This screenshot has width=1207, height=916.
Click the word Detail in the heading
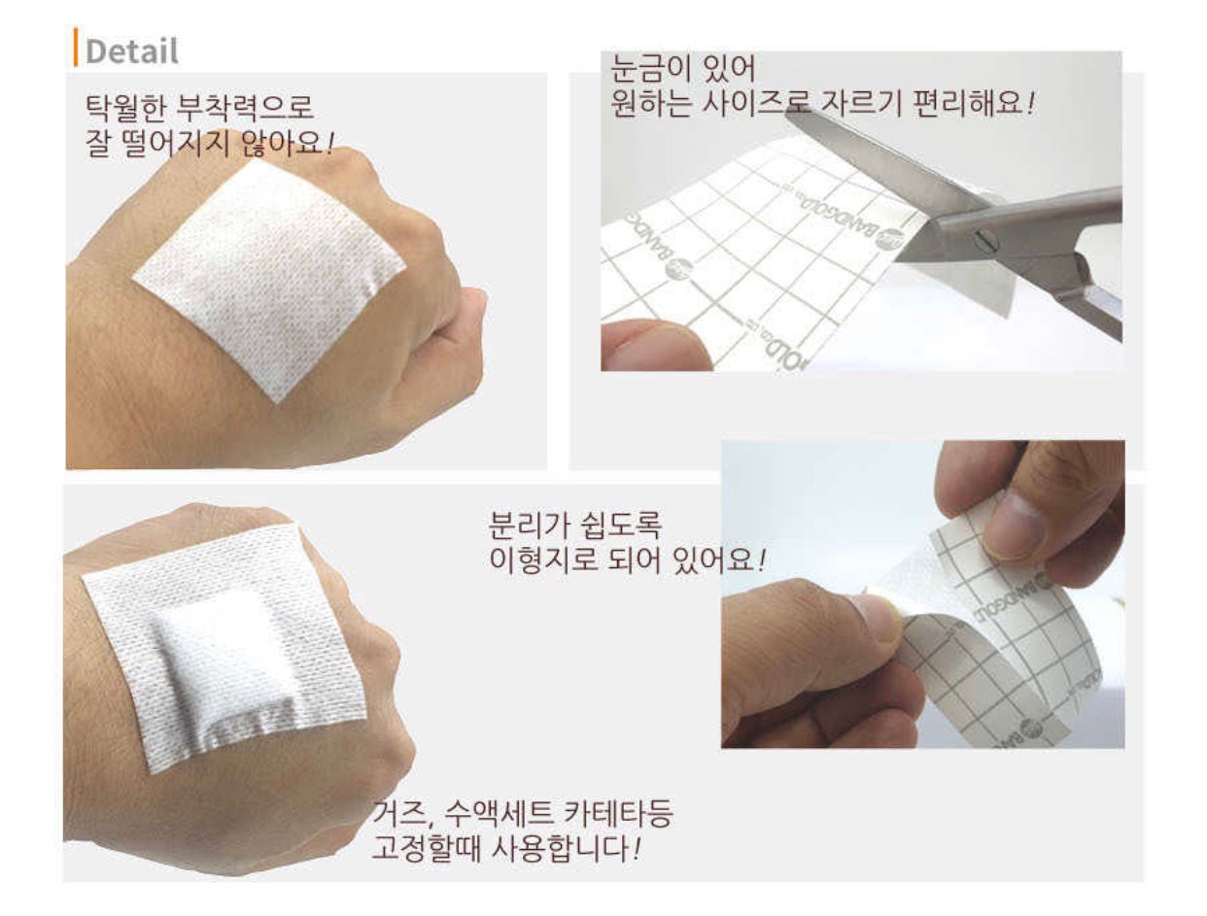(132, 51)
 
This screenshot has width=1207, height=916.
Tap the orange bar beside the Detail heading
(76, 47)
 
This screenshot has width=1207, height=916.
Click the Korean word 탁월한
(125, 108)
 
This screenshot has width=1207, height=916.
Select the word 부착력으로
(244, 108)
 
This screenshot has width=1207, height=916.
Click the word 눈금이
(644, 68)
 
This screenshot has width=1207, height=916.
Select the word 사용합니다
(561, 849)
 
